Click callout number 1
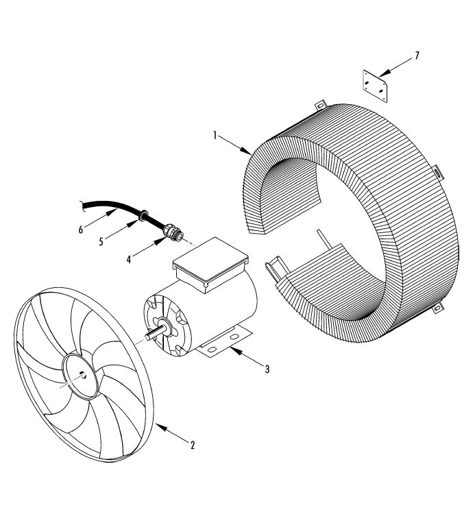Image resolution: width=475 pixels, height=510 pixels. point(215,135)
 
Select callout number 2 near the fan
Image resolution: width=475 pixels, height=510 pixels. point(193,445)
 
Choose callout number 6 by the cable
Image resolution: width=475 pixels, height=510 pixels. point(81,230)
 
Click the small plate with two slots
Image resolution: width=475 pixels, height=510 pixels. point(374,85)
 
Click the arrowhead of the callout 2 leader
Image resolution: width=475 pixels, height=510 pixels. point(159,426)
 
